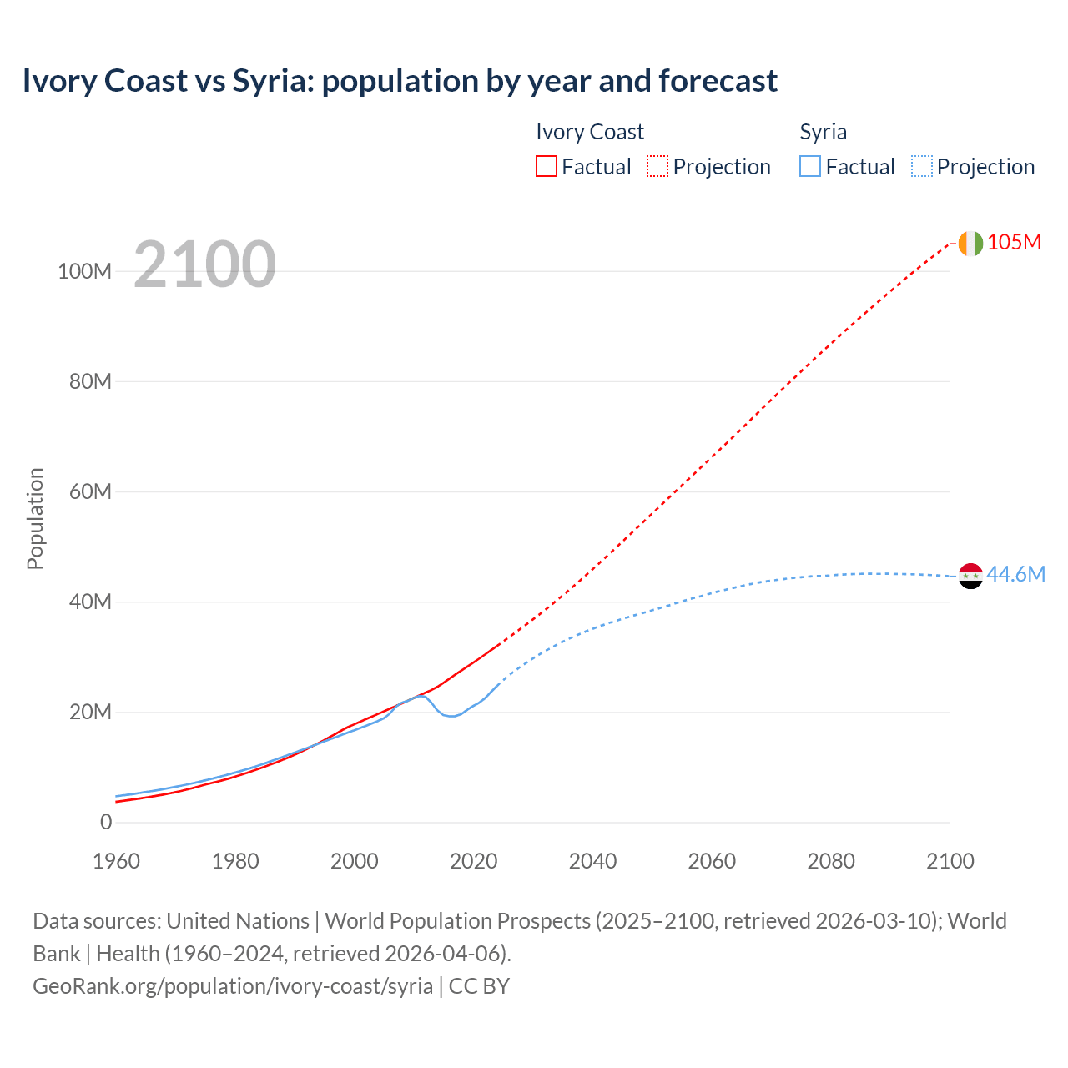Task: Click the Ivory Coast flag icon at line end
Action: (x=970, y=243)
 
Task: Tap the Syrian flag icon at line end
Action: (x=970, y=576)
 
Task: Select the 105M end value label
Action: (x=1014, y=242)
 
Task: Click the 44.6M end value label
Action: (x=1015, y=574)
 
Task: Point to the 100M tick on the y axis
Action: (x=84, y=271)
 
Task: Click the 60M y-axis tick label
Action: (x=90, y=491)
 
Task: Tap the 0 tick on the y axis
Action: (x=105, y=822)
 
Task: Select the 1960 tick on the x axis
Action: (x=116, y=861)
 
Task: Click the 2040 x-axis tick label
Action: (x=592, y=861)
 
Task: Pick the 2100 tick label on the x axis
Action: (x=950, y=861)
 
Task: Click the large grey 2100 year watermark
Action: (x=204, y=264)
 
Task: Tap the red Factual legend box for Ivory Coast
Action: (x=546, y=166)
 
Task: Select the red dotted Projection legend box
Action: (x=657, y=166)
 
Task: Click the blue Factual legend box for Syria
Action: (x=810, y=166)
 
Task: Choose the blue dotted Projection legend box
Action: (x=921, y=166)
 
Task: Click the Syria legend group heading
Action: (x=823, y=132)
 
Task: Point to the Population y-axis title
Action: (x=35, y=518)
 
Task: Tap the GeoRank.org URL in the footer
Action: (x=233, y=985)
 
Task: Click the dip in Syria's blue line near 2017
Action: (x=451, y=716)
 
